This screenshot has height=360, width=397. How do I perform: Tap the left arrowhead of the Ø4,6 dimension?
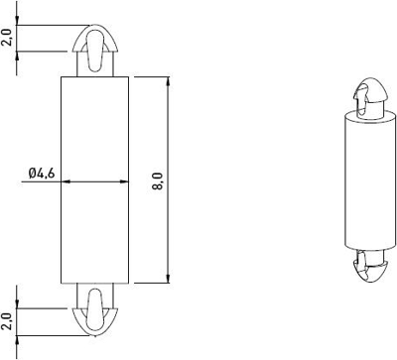tap(66, 181)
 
